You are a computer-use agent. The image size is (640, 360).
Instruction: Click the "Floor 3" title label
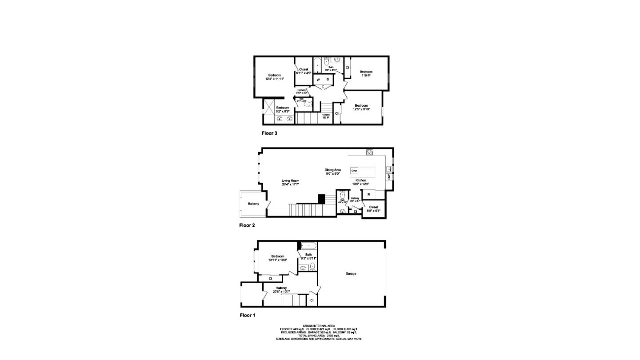pos(269,133)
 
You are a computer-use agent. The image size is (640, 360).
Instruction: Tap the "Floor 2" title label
pos(247,225)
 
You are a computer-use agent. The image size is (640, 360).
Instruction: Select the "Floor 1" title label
pos(248,316)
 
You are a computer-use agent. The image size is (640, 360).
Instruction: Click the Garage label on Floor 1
pos(351,274)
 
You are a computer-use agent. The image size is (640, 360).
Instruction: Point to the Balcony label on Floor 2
pos(253,204)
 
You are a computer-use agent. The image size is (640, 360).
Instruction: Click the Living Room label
pos(290,181)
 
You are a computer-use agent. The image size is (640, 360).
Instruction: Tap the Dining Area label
pos(332,170)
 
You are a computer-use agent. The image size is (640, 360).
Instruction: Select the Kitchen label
pos(360,180)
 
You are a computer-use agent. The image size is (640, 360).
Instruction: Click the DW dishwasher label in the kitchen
pos(389,177)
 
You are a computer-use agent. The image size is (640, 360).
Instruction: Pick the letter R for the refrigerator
pos(369,195)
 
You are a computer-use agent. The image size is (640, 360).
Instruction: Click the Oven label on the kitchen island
pos(354,171)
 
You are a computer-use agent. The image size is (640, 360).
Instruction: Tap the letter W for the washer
pos(318,80)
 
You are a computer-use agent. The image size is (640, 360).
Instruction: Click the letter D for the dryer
pos(328,80)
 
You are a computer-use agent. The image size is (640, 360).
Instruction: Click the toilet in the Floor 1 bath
pos(312,267)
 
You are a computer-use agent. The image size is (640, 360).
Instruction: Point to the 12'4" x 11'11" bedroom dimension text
pos(274,79)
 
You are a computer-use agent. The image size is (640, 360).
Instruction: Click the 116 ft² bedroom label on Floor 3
pos(366,76)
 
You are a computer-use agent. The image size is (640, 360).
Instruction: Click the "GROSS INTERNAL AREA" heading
pos(319,326)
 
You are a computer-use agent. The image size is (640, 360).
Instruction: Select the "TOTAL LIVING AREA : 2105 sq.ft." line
pos(319,336)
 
